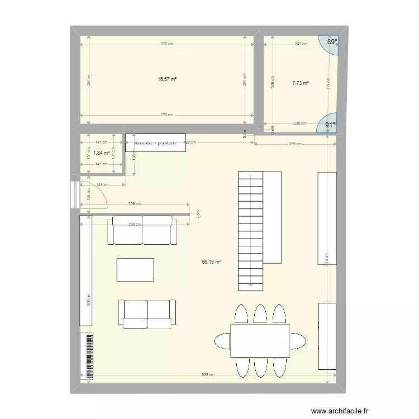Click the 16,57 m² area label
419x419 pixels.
click(x=167, y=79)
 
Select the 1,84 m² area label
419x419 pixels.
click(x=101, y=153)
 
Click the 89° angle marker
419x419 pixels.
click(x=332, y=41)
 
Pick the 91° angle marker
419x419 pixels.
click(x=331, y=126)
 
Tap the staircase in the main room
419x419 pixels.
click(x=250, y=231)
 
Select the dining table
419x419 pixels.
click(x=260, y=341)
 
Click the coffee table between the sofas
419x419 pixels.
click(x=135, y=269)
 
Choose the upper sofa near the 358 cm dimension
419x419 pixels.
click(x=142, y=231)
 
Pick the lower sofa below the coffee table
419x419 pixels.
click(x=146, y=313)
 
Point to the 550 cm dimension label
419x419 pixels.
click(x=88, y=298)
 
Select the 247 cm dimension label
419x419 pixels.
click(x=301, y=44)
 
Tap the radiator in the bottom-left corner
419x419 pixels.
click(x=89, y=356)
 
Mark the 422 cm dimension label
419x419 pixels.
click(x=189, y=143)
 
